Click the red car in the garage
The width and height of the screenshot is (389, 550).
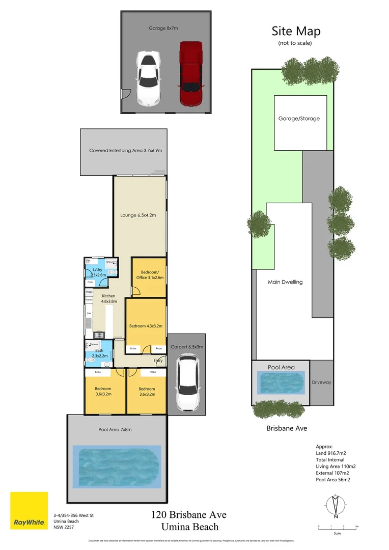coord(191,74)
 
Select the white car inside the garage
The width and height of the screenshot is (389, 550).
coord(148,79)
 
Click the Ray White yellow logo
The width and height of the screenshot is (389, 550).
coord(29,510)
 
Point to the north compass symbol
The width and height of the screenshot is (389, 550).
coord(334,505)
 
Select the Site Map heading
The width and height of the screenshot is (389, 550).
coord(296,31)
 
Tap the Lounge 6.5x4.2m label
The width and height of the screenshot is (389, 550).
coord(138,215)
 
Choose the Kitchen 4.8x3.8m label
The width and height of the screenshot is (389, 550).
coord(108,298)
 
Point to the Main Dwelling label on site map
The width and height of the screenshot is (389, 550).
coord(285,282)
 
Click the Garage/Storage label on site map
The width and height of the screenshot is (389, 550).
coord(299,119)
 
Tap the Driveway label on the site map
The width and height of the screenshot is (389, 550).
coord(321,382)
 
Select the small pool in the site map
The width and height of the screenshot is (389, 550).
coord(281,382)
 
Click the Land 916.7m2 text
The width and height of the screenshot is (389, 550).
coord(335,453)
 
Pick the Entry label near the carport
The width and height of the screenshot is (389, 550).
coord(159,361)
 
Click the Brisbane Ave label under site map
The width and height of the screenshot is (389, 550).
coord(287,429)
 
